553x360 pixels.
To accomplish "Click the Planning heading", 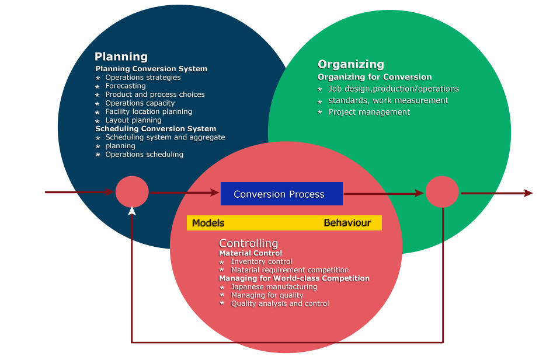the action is (121, 57).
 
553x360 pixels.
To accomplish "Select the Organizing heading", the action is (351, 64).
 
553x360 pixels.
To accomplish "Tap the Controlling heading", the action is (248, 243).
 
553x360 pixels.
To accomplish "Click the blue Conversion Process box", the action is (281, 194).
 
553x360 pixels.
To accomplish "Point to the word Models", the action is (208, 223).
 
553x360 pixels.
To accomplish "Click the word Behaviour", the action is (347, 223).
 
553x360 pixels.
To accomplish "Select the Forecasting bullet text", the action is (125, 86).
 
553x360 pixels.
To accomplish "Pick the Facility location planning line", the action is (148, 111).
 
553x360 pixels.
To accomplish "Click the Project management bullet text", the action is (369, 112).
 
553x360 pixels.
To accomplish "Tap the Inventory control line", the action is (262, 261).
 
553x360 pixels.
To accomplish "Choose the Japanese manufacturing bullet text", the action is (274, 286).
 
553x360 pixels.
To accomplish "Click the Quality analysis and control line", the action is (280, 303).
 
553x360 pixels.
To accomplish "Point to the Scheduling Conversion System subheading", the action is (155, 128).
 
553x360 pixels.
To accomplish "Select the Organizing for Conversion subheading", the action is (374, 77).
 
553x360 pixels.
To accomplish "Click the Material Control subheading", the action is (251, 253).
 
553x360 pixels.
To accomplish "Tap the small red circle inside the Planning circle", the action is (132, 191).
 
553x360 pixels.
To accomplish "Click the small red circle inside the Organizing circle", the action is (442, 191).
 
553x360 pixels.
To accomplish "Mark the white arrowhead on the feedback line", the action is (132, 211).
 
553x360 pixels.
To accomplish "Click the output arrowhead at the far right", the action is (528, 193).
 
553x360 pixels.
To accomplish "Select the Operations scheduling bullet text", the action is (144, 154).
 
